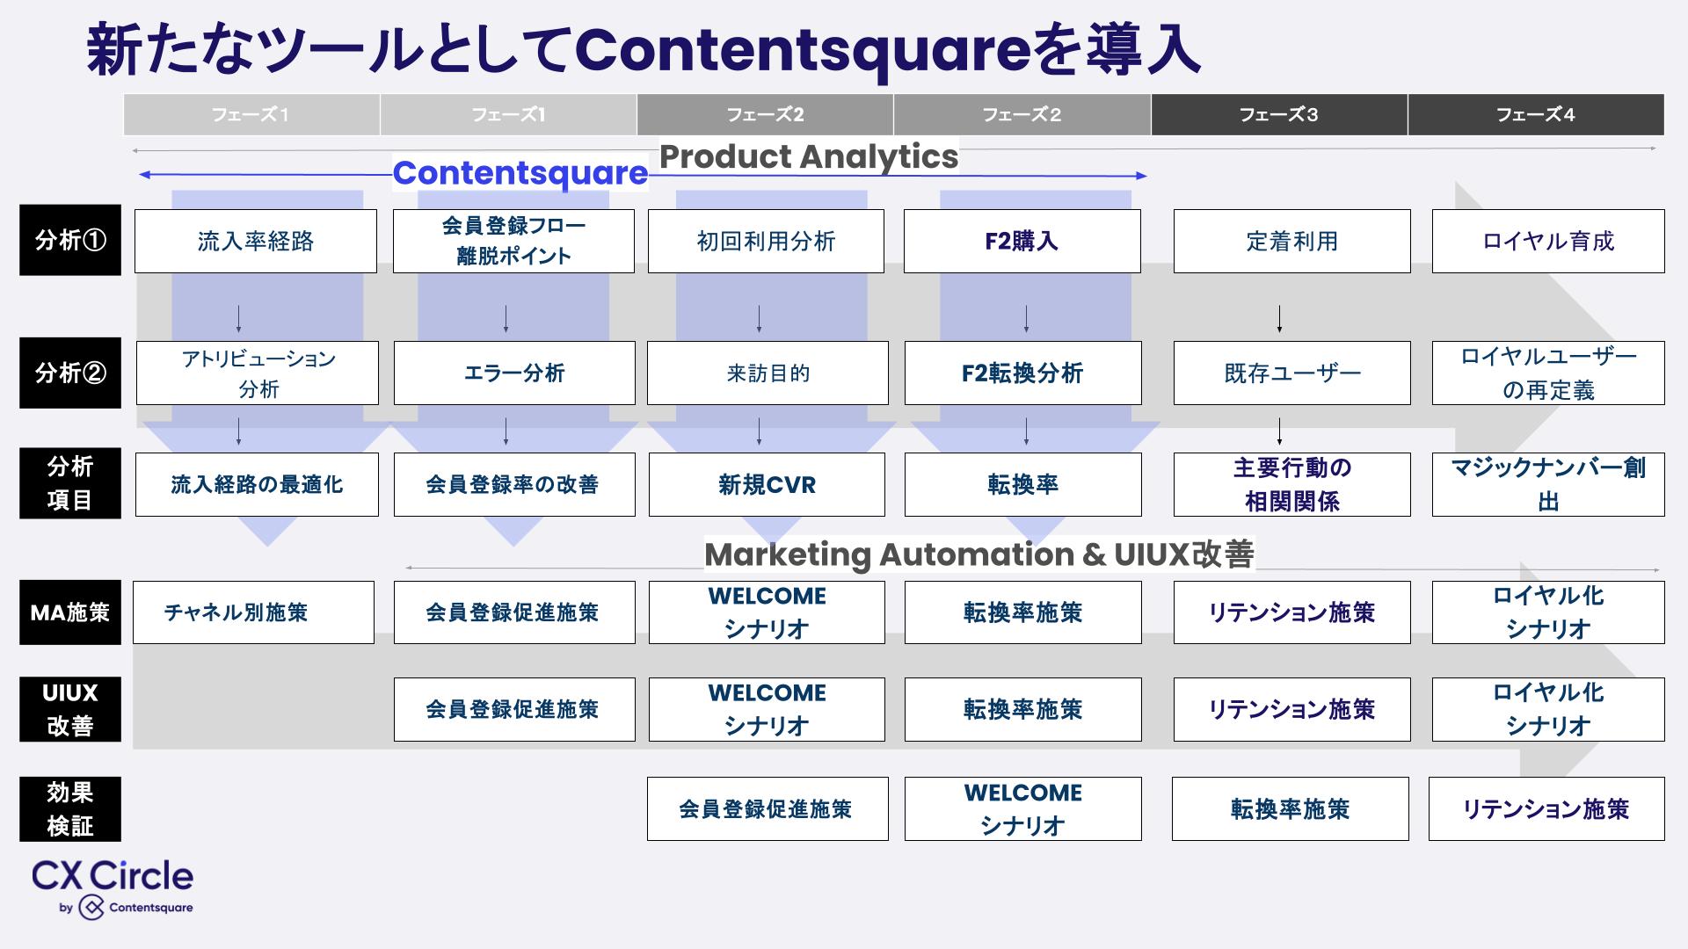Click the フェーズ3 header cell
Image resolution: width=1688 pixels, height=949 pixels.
pos(1278,114)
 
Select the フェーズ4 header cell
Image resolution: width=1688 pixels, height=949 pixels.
pos(1535,114)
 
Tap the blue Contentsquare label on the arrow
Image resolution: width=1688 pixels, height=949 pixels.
pos(520,173)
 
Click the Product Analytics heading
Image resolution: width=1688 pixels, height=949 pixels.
pos(809,156)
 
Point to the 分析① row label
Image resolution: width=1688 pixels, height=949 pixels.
pos(70,240)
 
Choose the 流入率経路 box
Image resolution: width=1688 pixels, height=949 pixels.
pos(255,241)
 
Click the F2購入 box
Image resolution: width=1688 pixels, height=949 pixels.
pos(1022,241)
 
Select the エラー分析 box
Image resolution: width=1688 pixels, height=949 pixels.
pos(513,373)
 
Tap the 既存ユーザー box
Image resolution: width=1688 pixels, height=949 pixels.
pos(1291,373)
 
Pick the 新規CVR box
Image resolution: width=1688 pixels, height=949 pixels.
pos(767,484)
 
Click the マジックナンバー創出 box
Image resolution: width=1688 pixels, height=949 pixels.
pos(1547,484)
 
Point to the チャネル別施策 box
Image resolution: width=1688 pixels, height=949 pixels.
pos(253,612)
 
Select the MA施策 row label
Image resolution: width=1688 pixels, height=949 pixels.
pos(70,612)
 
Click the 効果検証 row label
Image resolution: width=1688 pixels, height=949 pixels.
pos(70,808)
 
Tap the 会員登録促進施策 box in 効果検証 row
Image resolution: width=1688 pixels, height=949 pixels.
pos(767,808)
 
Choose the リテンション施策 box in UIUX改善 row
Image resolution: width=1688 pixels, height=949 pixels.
pos(1291,709)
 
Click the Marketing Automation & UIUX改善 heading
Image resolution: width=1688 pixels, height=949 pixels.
pos(979,554)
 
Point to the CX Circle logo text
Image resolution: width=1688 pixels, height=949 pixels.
pos(113,876)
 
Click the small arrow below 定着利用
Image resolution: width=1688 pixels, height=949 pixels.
pos(1279,318)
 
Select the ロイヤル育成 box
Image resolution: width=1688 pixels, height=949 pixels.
pos(1547,241)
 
